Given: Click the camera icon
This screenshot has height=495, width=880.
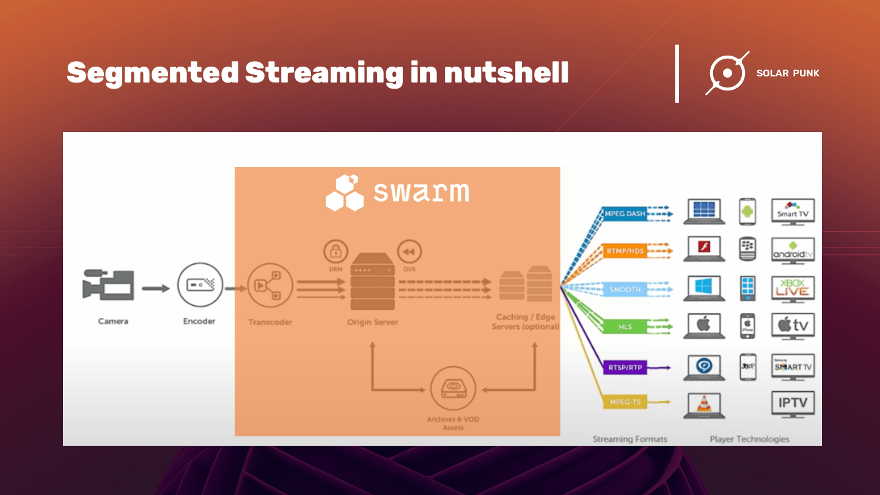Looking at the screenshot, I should click(108, 286).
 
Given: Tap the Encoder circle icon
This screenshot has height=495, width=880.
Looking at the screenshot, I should click(200, 284).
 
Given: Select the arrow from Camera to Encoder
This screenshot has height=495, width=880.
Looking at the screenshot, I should click(156, 288).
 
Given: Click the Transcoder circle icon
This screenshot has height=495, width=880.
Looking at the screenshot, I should click(270, 285).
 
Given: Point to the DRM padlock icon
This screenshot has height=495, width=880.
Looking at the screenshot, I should click(335, 252).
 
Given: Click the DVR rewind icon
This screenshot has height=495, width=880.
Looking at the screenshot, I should click(409, 252).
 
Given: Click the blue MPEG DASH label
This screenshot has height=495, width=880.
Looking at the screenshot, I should click(625, 214).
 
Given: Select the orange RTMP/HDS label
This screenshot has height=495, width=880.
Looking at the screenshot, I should click(625, 251).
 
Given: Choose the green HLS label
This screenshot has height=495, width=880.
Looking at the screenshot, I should click(625, 326).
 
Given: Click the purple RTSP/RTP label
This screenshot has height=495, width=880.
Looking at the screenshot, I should click(625, 367).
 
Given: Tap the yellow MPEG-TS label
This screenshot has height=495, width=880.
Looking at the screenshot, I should click(625, 402).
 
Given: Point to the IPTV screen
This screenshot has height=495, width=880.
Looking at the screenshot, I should click(793, 403).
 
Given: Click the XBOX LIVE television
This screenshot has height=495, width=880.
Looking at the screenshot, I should click(793, 288).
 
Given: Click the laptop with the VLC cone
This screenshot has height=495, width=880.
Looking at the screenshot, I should click(704, 404).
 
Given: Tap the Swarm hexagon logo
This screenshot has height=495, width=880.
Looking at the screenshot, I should click(344, 193).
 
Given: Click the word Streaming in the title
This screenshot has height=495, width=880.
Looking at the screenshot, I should click(324, 73).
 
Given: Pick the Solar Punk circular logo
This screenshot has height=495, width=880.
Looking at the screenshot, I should click(727, 73).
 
